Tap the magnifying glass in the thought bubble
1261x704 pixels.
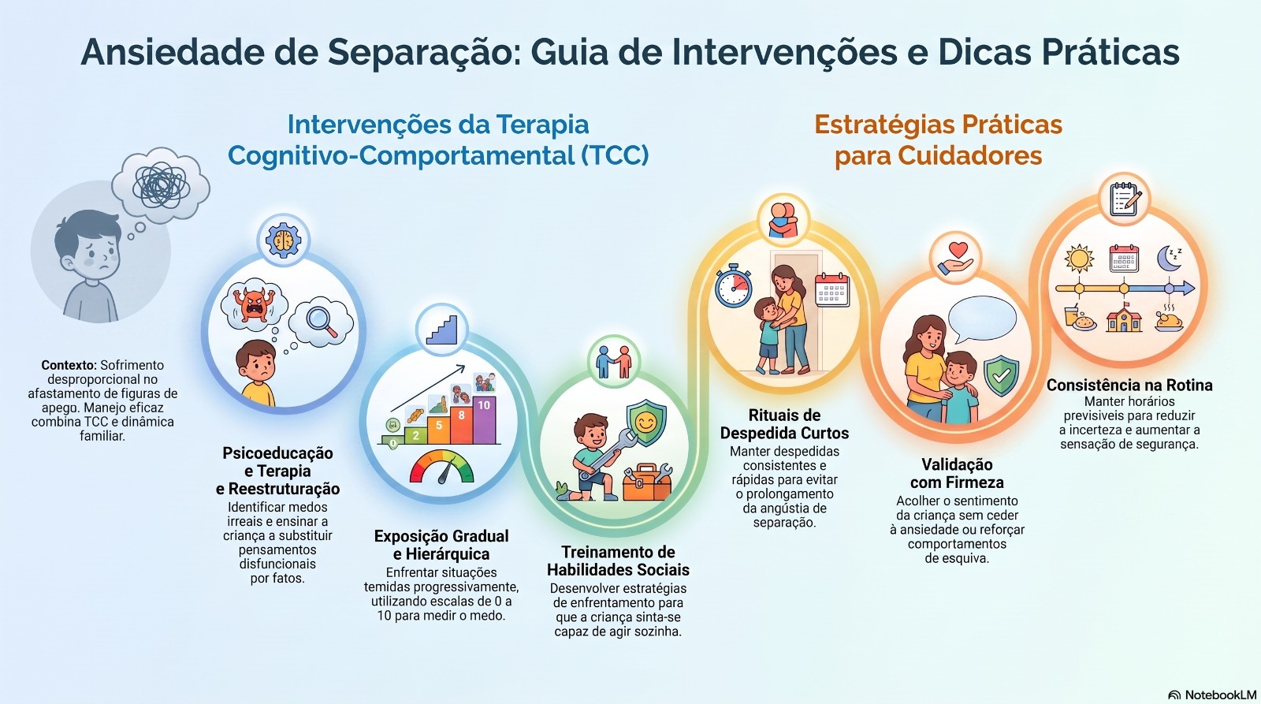tap(322, 322)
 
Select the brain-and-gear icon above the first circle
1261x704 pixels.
tap(283, 240)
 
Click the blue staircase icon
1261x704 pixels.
tap(441, 330)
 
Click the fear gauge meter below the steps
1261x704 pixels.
tap(442, 467)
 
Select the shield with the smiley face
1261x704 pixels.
tap(647, 423)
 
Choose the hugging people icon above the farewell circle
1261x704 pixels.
tap(783, 220)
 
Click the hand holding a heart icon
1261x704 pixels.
tap(955, 258)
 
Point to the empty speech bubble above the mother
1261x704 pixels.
tap(982, 319)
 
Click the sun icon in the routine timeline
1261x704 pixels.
tap(1079, 259)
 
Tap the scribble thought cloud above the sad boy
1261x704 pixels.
tap(161, 184)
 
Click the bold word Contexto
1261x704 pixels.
tap(69, 365)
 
